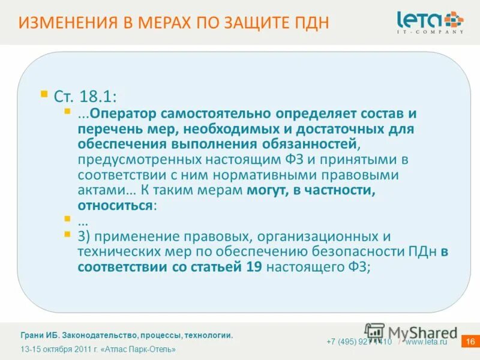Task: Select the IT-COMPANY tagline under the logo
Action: [x=430, y=32]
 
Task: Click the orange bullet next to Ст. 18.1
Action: [x=43, y=94]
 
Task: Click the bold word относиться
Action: [x=115, y=205]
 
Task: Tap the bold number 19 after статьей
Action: [x=254, y=267]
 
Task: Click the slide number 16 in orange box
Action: [x=470, y=342]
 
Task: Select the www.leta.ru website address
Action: [x=427, y=342]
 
